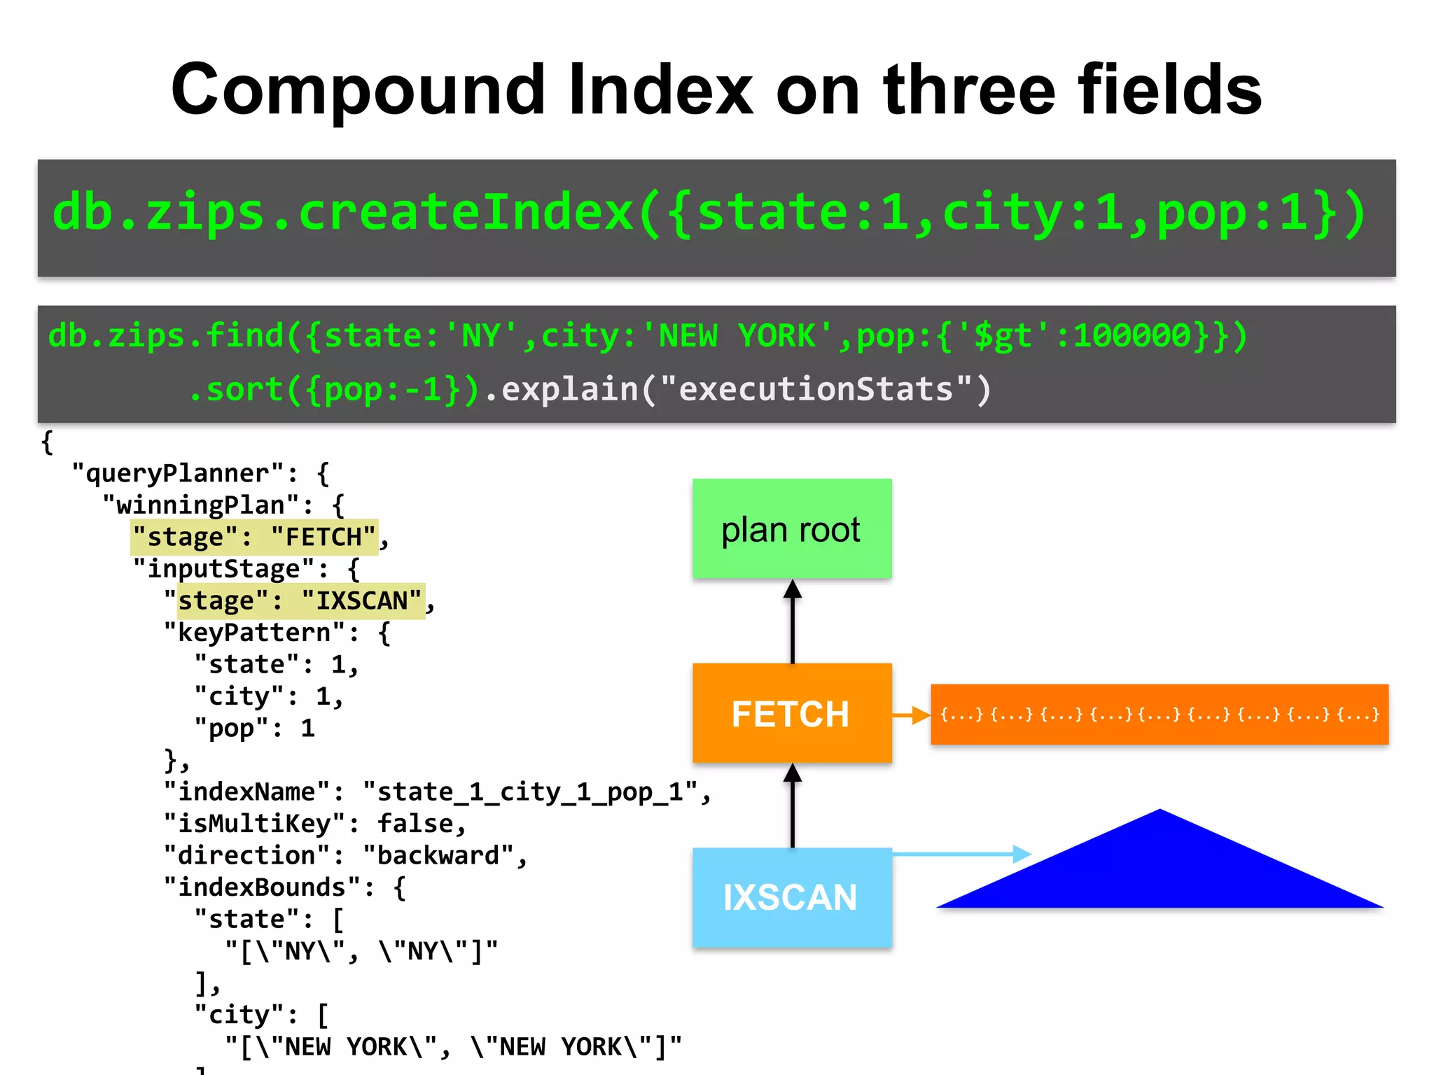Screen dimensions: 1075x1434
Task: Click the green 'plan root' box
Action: coord(792,529)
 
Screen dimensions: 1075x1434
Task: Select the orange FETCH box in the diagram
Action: coord(792,713)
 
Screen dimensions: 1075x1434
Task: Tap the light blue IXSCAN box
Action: coord(792,897)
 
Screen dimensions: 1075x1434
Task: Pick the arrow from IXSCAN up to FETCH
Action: coord(793,806)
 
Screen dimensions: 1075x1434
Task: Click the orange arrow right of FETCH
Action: coord(911,715)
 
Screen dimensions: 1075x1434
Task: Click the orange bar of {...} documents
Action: coord(1160,715)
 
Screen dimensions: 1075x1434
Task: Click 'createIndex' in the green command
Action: coord(466,213)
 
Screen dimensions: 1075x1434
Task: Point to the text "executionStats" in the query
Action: coord(816,389)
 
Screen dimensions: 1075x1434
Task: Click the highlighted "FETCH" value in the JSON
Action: coord(323,537)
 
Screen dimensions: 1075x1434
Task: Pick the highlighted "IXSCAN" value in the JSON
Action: coord(362,601)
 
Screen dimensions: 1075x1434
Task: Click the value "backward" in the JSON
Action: coord(439,855)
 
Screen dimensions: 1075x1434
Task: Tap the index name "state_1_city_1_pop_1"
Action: coord(530,792)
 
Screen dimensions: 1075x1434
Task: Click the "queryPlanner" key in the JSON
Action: coord(178,474)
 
